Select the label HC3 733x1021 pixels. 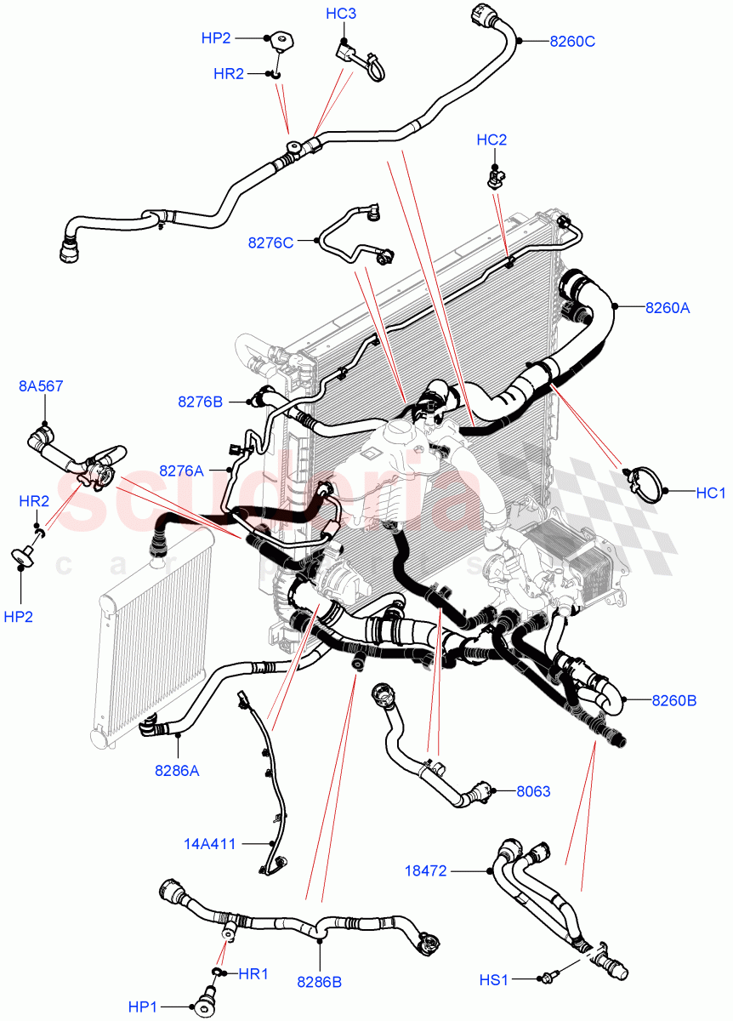tap(341, 14)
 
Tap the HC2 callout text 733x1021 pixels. tap(492, 140)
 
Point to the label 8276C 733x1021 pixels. tap(270, 242)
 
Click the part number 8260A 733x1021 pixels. tap(667, 308)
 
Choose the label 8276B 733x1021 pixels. tap(200, 401)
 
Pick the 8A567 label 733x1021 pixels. tap(41, 386)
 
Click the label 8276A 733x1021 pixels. tap(181, 470)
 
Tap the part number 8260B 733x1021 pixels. tap(674, 701)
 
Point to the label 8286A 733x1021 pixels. tap(177, 771)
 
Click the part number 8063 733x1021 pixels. tap(533, 791)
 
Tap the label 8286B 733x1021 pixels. tap(319, 981)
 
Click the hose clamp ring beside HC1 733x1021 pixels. tap(645, 482)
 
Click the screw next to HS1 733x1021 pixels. tap(548, 978)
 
